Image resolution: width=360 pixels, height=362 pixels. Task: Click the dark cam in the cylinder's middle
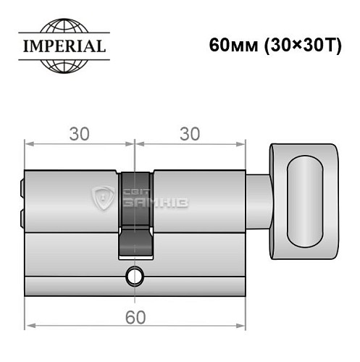pyautogui.click(x=135, y=214)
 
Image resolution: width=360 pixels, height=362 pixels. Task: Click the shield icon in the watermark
pyautogui.click(x=103, y=197)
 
